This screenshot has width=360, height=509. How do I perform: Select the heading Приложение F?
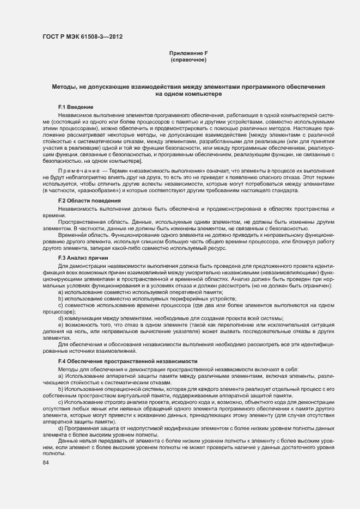pyautogui.click(x=188, y=52)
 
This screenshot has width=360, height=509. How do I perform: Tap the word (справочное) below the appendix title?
pyautogui.click(x=188, y=59)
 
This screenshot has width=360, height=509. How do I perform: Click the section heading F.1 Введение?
pyautogui.click(x=76, y=107)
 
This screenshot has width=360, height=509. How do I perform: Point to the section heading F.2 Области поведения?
pyautogui.click(x=89, y=201)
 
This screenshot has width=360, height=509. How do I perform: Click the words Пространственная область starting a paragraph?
pyautogui.click(x=89, y=223)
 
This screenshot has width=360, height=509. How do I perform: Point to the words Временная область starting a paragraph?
pyautogui.click(x=80, y=238)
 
